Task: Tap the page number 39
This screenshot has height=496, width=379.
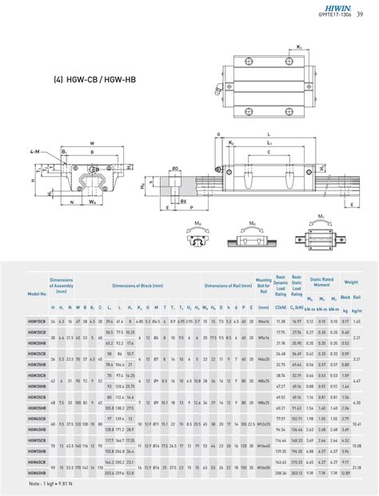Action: click(x=371, y=12)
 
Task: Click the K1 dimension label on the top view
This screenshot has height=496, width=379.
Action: click(x=299, y=46)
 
